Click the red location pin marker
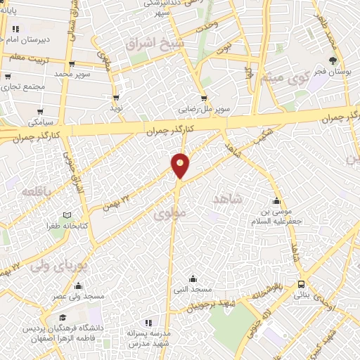tap(180, 165)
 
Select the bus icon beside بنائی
tap(302, 284)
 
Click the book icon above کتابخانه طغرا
tap(67, 215)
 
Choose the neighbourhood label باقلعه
tap(34, 191)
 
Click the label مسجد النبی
tap(193, 289)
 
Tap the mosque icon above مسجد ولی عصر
tap(78, 285)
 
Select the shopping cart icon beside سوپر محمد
tap(98, 73)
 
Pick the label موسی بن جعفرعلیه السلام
tap(277, 217)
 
